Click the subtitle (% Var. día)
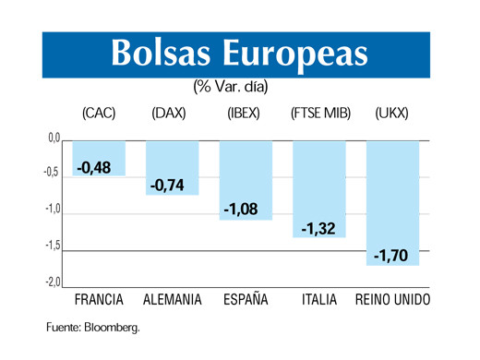(231, 87)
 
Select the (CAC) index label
(98, 114)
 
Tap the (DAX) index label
(169, 114)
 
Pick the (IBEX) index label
(245, 114)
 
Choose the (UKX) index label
(392, 114)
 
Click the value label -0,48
(94, 167)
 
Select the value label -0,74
(167, 186)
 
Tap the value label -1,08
(241, 210)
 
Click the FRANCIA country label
(99, 301)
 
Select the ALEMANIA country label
(173, 301)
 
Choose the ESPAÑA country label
(246, 301)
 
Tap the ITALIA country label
(319, 301)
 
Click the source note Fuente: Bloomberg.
(93, 327)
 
